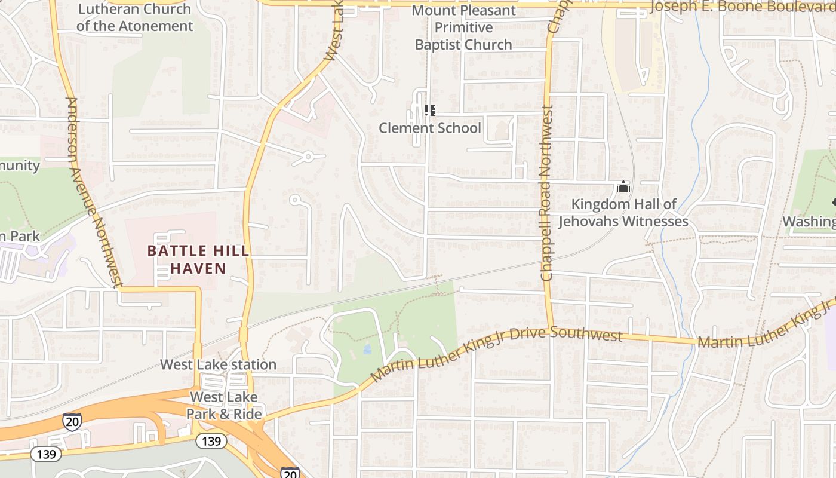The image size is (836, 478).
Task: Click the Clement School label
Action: click(x=429, y=128)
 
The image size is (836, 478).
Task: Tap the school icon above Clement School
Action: click(x=429, y=111)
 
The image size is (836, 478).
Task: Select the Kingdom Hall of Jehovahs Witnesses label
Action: click(x=623, y=213)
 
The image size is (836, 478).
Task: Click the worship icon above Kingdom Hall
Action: click(x=623, y=187)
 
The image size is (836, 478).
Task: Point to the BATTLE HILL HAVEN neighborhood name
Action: click(x=198, y=259)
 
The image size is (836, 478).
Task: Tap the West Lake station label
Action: click(x=218, y=364)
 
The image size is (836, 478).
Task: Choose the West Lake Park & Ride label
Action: click(x=224, y=406)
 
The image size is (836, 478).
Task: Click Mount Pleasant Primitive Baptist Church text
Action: click(x=463, y=27)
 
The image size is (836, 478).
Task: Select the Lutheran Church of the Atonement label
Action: click(x=135, y=17)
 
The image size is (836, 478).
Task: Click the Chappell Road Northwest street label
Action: click(x=546, y=193)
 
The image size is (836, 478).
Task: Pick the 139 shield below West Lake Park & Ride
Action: click(x=211, y=442)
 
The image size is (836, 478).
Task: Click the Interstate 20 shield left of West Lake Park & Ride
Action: click(x=72, y=421)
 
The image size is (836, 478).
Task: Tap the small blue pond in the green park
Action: click(x=367, y=348)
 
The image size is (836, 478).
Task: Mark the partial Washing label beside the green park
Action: click(x=809, y=222)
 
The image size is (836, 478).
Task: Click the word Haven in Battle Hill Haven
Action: click(x=198, y=268)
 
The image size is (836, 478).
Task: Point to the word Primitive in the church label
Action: click(x=463, y=27)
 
